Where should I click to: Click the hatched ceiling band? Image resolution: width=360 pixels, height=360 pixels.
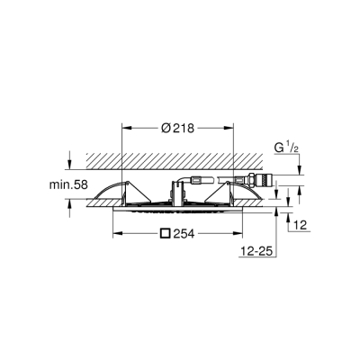[180, 158]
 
